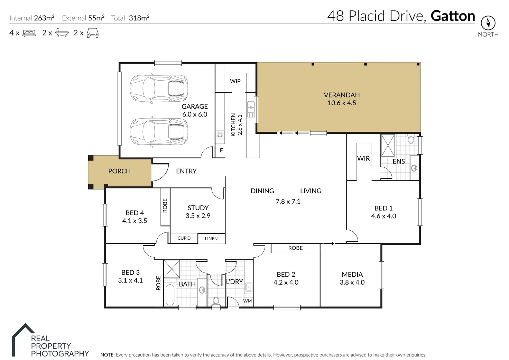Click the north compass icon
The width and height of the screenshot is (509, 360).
coord(488,23)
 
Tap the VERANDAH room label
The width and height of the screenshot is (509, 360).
coord(342,95)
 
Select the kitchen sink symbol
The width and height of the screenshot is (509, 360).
coord(251,110)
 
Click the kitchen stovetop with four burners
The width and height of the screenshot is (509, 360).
coord(220,135)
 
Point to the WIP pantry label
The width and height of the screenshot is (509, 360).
coord(235,81)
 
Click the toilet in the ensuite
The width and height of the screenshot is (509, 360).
coord(411,139)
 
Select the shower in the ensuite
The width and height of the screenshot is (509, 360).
coord(388,146)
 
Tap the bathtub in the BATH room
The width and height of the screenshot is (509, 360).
coord(170,294)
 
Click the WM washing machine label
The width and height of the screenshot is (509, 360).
coord(247,301)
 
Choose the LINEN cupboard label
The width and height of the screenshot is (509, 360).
coord(211,239)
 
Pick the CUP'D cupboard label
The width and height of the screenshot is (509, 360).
coord(184,238)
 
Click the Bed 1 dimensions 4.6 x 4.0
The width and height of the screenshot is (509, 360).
coord(383,216)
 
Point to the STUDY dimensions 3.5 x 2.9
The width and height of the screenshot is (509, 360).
coord(198,215)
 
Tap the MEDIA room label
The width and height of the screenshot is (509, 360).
coord(352,274)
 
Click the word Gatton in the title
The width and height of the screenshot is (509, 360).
coord(453,16)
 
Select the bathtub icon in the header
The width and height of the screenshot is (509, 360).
coord(62,33)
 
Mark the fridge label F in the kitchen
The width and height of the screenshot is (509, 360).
coord(221,150)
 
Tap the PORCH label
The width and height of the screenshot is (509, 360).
coord(119,171)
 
